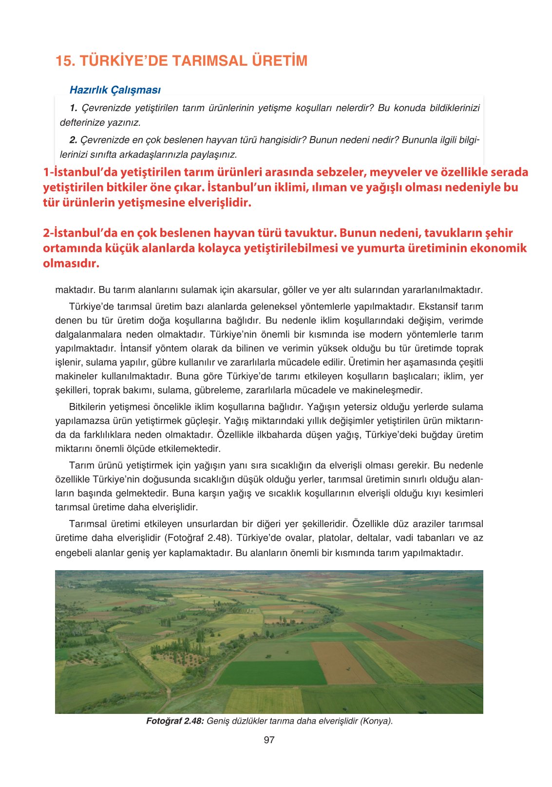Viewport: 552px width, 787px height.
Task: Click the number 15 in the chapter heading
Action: pyautogui.click(x=63, y=61)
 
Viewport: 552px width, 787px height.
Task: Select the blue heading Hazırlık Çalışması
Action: pyautogui.click(x=115, y=90)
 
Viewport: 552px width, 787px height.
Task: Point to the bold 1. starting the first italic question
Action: pyautogui.click(x=74, y=108)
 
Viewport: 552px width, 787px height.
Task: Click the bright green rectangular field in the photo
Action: pyautogui.click(x=270, y=672)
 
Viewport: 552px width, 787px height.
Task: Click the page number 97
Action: pyautogui.click(x=269, y=740)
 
